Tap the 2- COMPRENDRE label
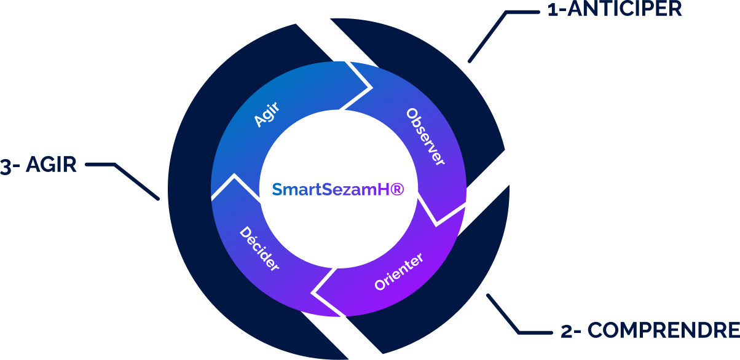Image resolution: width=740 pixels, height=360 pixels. tap(650, 331)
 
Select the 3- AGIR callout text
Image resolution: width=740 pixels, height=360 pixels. tap(38, 165)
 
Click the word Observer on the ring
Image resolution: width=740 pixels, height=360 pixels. tap(426, 136)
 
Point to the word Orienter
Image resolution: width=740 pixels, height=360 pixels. tap(399, 272)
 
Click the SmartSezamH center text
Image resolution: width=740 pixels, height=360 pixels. tap(337, 189)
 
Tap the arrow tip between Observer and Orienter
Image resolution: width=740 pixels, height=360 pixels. tap(437, 222)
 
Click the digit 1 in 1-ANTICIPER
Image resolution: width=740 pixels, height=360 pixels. tap(551, 10)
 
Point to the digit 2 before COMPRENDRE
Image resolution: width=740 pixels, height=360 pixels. tap(567, 331)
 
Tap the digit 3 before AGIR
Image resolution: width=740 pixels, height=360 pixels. tap(6, 166)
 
